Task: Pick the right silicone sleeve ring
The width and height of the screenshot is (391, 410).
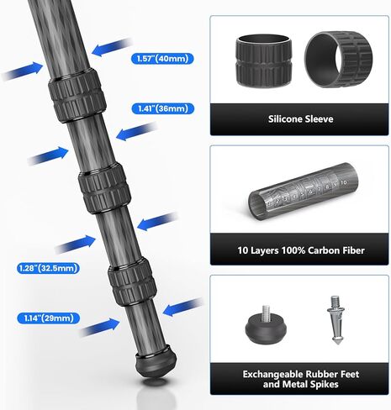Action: [337, 59]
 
